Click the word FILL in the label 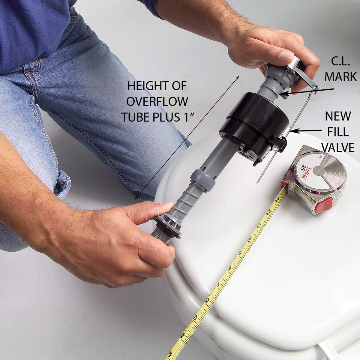click(340, 132)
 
